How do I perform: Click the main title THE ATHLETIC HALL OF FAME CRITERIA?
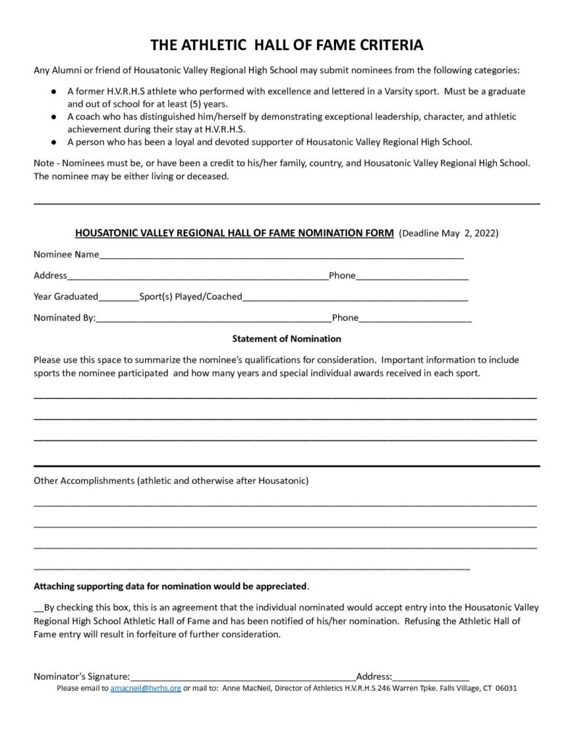pyautogui.click(x=287, y=46)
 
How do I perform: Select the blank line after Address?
pyautogui.click(x=197, y=277)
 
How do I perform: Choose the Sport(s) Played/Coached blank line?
pyautogui.click(x=355, y=297)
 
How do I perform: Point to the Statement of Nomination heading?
pyautogui.click(x=287, y=338)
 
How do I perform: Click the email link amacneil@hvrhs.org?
pyautogui.click(x=146, y=688)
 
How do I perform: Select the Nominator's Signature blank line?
pyautogui.click(x=243, y=678)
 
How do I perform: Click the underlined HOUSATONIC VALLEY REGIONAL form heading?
pyautogui.click(x=234, y=234)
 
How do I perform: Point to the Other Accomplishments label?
pyautogui.click(x=171, y=480)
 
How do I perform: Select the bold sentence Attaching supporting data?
pyautogui.click(x=171, y=586)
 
